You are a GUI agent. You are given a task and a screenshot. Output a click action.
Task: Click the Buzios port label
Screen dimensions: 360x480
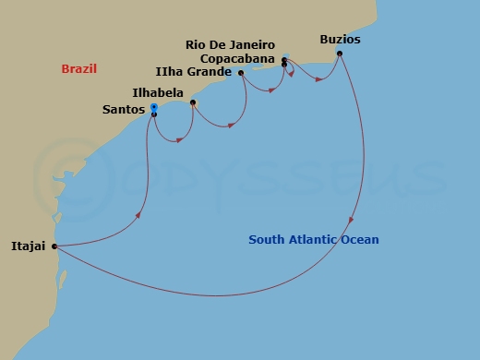pos(340,40)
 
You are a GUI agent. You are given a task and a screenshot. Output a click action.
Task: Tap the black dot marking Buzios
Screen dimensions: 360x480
pos(341,54)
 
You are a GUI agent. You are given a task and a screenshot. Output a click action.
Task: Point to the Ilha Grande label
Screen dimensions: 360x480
pos(194,72)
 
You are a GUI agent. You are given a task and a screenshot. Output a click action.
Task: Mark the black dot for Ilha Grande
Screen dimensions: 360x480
pos(241,73)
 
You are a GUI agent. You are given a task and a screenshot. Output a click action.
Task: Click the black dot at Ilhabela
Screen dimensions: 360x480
pos(192,102)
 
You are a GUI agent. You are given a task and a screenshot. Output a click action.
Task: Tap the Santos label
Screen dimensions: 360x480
pos(124,110)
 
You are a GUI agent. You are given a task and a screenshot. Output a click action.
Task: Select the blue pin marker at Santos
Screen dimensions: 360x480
pos(154,108)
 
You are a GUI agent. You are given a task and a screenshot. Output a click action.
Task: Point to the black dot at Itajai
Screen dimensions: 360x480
pos(54,246)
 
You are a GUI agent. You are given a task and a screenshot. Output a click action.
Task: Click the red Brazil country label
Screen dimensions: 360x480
pos(79,69)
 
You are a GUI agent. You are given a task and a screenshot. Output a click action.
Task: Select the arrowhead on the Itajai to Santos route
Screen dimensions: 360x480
pos(138,215)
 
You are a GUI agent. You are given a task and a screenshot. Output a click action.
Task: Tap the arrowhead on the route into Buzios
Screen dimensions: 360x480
pos(319,79)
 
